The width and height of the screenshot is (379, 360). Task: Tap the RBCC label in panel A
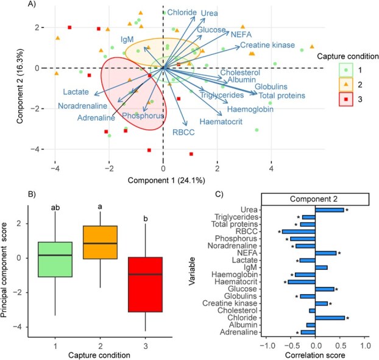pos(183,132)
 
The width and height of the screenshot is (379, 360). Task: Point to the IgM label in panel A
pos(127,39)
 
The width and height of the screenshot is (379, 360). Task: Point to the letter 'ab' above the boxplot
pos(55,208)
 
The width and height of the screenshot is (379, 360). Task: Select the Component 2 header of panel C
pos(315,199)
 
